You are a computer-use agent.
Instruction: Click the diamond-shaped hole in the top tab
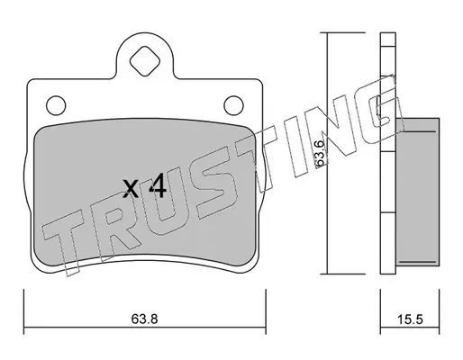pyautogui.click(x=145, y=61)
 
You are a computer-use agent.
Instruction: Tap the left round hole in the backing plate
pyautogui.click(x=56, y=105)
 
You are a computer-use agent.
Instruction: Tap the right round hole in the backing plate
pyautogui.click(x=233, y=105)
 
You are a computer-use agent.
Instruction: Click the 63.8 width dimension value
pyautogui.click(x=144, y=319)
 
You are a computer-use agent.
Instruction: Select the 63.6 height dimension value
pyautogui.click(x=320, y=153)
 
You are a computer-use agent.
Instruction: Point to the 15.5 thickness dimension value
pyautogui.click(x=410, y=319)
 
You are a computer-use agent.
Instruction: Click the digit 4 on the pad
pyautogui.click(x=158, y=186)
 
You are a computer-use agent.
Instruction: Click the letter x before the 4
pyautogui.click(x=132, y=189)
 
